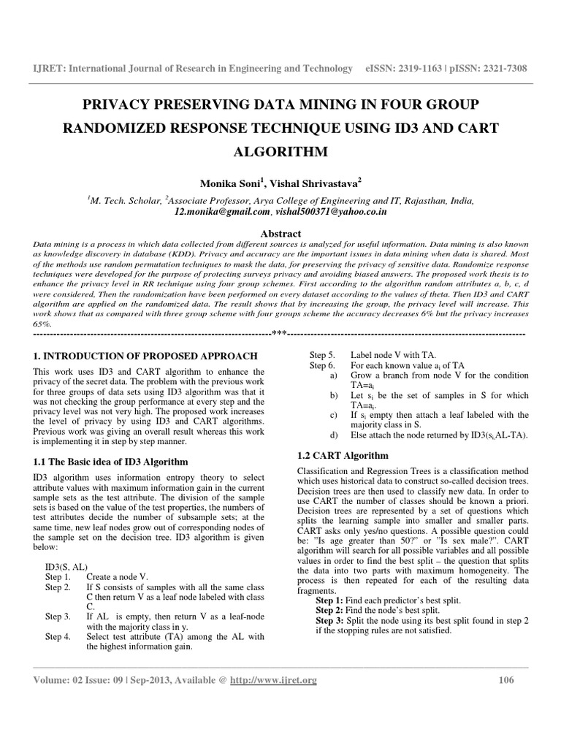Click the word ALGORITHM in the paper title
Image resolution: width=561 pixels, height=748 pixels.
280,152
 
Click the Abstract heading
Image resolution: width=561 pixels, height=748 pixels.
280,233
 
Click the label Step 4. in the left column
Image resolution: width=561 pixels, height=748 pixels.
58,637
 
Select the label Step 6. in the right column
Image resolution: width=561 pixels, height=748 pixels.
322,365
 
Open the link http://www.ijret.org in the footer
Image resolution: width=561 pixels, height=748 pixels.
273,680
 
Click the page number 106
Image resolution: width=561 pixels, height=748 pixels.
505,680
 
